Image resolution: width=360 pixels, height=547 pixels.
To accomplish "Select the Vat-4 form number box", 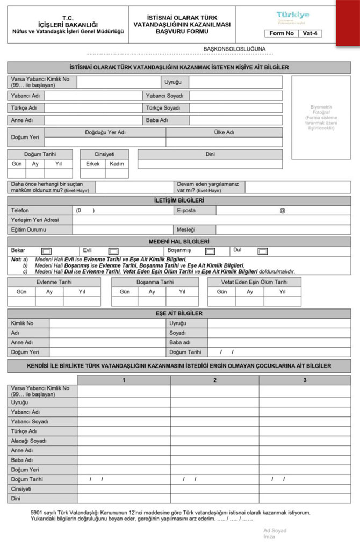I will click(x=309, y=33).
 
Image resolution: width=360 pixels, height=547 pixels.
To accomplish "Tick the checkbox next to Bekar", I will click(x=46, y=251).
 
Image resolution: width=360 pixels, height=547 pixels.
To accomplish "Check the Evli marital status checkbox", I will click(x=113, y=251).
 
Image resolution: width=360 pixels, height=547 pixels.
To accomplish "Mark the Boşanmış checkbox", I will click(x=210, y=251).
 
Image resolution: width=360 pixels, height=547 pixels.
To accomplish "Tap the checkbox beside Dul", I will click(x=262, y=251).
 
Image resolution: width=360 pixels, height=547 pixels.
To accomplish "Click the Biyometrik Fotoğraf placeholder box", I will click(x=321, y=117).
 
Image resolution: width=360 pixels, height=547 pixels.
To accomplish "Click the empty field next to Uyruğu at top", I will click(x=235, y=82).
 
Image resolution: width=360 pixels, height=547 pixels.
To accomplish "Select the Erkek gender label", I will click(x=92, y=164).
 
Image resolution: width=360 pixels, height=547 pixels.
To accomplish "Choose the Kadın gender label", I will click(x=117, y=164).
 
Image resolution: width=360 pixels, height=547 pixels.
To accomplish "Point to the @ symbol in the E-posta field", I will click(x=282, y=211).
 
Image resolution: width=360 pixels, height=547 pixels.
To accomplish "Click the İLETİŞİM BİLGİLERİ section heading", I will click(x=179, y=201).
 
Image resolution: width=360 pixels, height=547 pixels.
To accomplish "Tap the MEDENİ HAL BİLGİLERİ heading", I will click(x=179, y=242).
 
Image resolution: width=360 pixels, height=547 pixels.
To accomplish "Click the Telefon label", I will click(x=20, y=211).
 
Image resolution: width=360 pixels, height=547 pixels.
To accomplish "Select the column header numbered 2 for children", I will click(x=215, y=380).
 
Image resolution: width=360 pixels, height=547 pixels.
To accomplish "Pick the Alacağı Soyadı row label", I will click(x=29, y=441).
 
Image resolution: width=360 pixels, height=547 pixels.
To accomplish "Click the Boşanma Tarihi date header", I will click(x=155, y=282).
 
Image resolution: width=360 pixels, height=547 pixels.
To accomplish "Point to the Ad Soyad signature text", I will click(x=275, y=530).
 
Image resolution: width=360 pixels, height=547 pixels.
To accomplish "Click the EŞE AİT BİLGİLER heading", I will click(x=179, y=313).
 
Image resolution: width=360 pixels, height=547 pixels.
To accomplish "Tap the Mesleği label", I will click(x=186, y=230).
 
